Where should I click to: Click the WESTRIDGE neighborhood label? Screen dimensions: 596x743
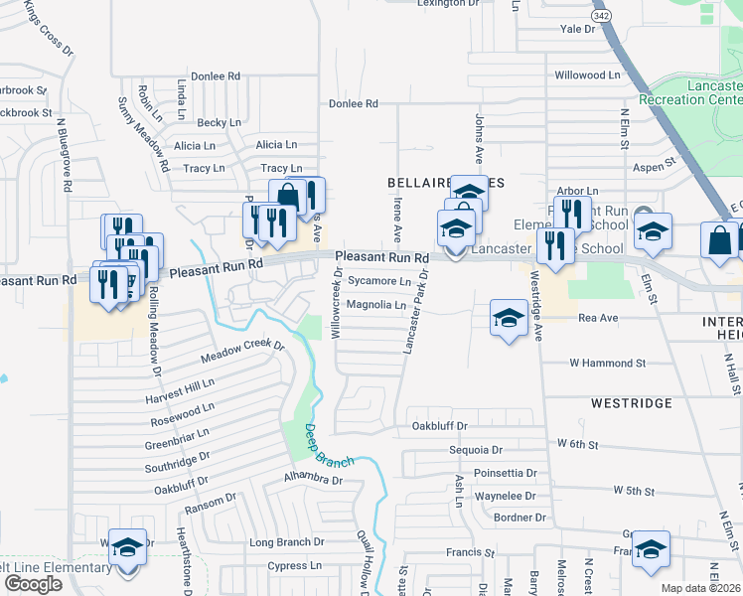point(632,403)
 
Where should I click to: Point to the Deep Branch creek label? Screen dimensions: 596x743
point(314,444)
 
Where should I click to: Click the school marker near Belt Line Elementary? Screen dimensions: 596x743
point(127,549)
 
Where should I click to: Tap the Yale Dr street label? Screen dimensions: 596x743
point(577,30)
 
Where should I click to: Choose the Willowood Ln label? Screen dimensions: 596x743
point(587,75)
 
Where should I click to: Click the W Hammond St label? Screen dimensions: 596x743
point(607,364)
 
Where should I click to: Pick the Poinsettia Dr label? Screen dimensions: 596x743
point(505,473)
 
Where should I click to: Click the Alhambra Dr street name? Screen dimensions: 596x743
point(312,480)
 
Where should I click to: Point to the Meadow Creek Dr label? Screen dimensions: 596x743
point(242,352)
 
